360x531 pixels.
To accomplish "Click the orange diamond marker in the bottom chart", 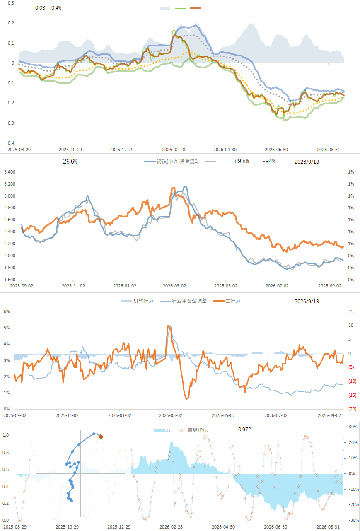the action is (101, 437).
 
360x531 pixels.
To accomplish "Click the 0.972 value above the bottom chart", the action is (244, 429).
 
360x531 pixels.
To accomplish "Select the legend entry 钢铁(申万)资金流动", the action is (172, 162).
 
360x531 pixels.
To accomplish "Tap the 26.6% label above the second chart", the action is (70, 162).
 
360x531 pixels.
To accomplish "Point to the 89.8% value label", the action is (242, 161).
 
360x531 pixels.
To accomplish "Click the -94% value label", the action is (269, 161).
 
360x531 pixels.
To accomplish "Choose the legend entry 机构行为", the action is (137, 301).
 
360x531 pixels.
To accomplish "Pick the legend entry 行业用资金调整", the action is (184, 301).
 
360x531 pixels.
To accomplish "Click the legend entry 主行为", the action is (227, 301).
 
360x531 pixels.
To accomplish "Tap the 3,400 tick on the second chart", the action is (10, 172).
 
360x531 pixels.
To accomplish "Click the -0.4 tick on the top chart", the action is (10, 143).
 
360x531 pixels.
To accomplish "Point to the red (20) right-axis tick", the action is (353, 409).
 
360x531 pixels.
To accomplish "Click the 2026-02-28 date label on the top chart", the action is (174, 150).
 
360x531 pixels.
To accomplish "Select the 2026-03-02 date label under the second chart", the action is (174, 286).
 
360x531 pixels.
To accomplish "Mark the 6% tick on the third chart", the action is (7, 311).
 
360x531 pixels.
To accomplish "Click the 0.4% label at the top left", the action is (56, 8).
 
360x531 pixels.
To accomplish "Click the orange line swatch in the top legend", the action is (196, 8).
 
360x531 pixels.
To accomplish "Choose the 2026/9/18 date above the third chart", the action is (307, 301).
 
